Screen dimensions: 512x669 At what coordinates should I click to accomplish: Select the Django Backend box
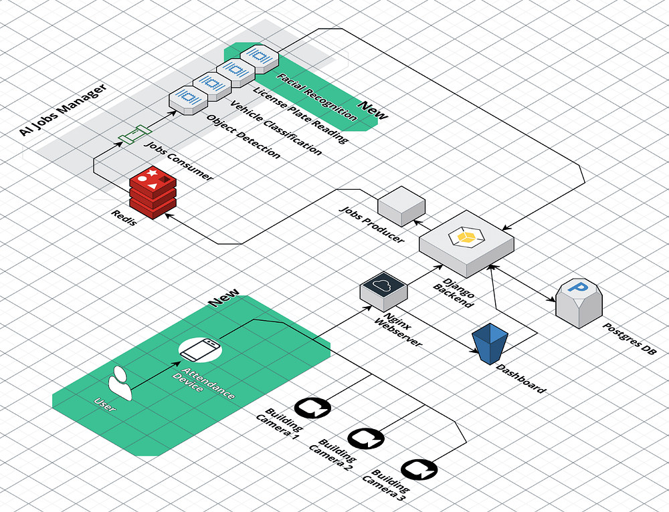click(466, 244)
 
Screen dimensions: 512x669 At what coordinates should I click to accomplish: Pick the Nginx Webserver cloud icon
click(384, 288)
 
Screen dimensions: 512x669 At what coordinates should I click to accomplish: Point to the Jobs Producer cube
click(401, 204)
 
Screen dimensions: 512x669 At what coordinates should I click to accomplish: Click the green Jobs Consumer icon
click(132, 136)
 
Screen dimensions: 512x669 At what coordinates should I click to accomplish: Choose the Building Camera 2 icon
click(365, 438)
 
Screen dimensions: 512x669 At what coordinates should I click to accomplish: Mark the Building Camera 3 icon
click(419, 470)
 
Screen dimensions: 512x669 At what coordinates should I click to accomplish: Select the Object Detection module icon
click(188, 98)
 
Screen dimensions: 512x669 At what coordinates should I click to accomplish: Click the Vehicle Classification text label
click(275, 128)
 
